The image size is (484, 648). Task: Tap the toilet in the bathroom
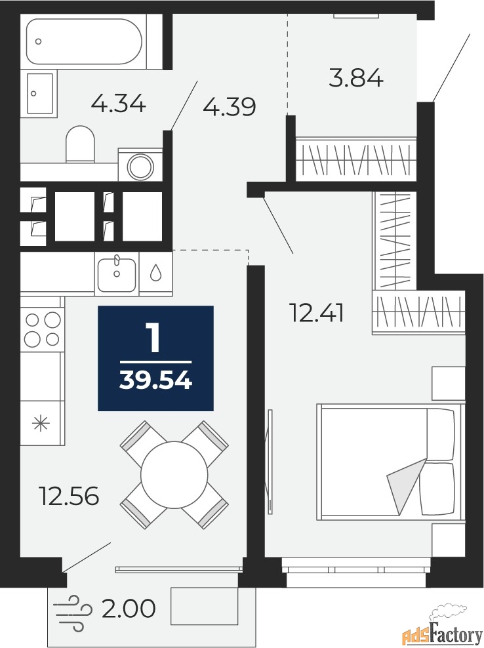point(80,144)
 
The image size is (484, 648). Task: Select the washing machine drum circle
point(140,167)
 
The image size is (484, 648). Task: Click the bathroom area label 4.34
point(118,104)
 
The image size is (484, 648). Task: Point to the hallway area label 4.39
point(230,107)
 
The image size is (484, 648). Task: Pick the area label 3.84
point(356,77)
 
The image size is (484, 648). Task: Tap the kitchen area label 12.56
point(69,495)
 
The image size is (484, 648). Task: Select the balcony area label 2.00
point(129,609)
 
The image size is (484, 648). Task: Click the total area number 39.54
point(155,380)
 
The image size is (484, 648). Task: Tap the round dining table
point(174,474)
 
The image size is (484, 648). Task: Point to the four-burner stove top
point(42,329)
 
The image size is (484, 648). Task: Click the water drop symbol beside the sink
point(155,273)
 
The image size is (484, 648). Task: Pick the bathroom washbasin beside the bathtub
point(40,93)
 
